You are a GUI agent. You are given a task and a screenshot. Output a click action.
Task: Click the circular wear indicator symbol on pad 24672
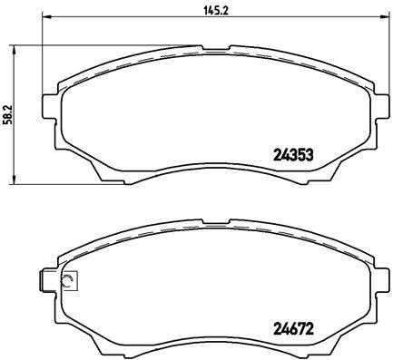pos(66,282)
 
